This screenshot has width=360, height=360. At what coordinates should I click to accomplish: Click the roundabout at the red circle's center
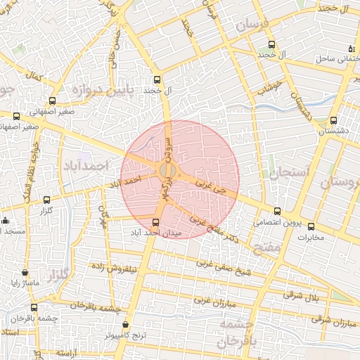pos(168,171)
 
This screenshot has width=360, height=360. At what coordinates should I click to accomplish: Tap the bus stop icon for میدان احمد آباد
pos(156,222)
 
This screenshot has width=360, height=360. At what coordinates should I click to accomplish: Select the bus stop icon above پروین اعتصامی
pos(276,211)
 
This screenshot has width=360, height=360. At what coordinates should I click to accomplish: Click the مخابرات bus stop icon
pos(311,226)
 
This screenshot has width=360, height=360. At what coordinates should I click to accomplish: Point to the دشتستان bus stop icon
pos(333,120)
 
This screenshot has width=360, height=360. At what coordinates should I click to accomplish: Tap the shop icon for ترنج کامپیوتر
pos(126,325)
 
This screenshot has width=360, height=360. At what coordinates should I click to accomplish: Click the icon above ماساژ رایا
pos(25,273)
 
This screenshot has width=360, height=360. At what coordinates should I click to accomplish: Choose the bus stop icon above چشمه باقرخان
pos(34,307)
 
